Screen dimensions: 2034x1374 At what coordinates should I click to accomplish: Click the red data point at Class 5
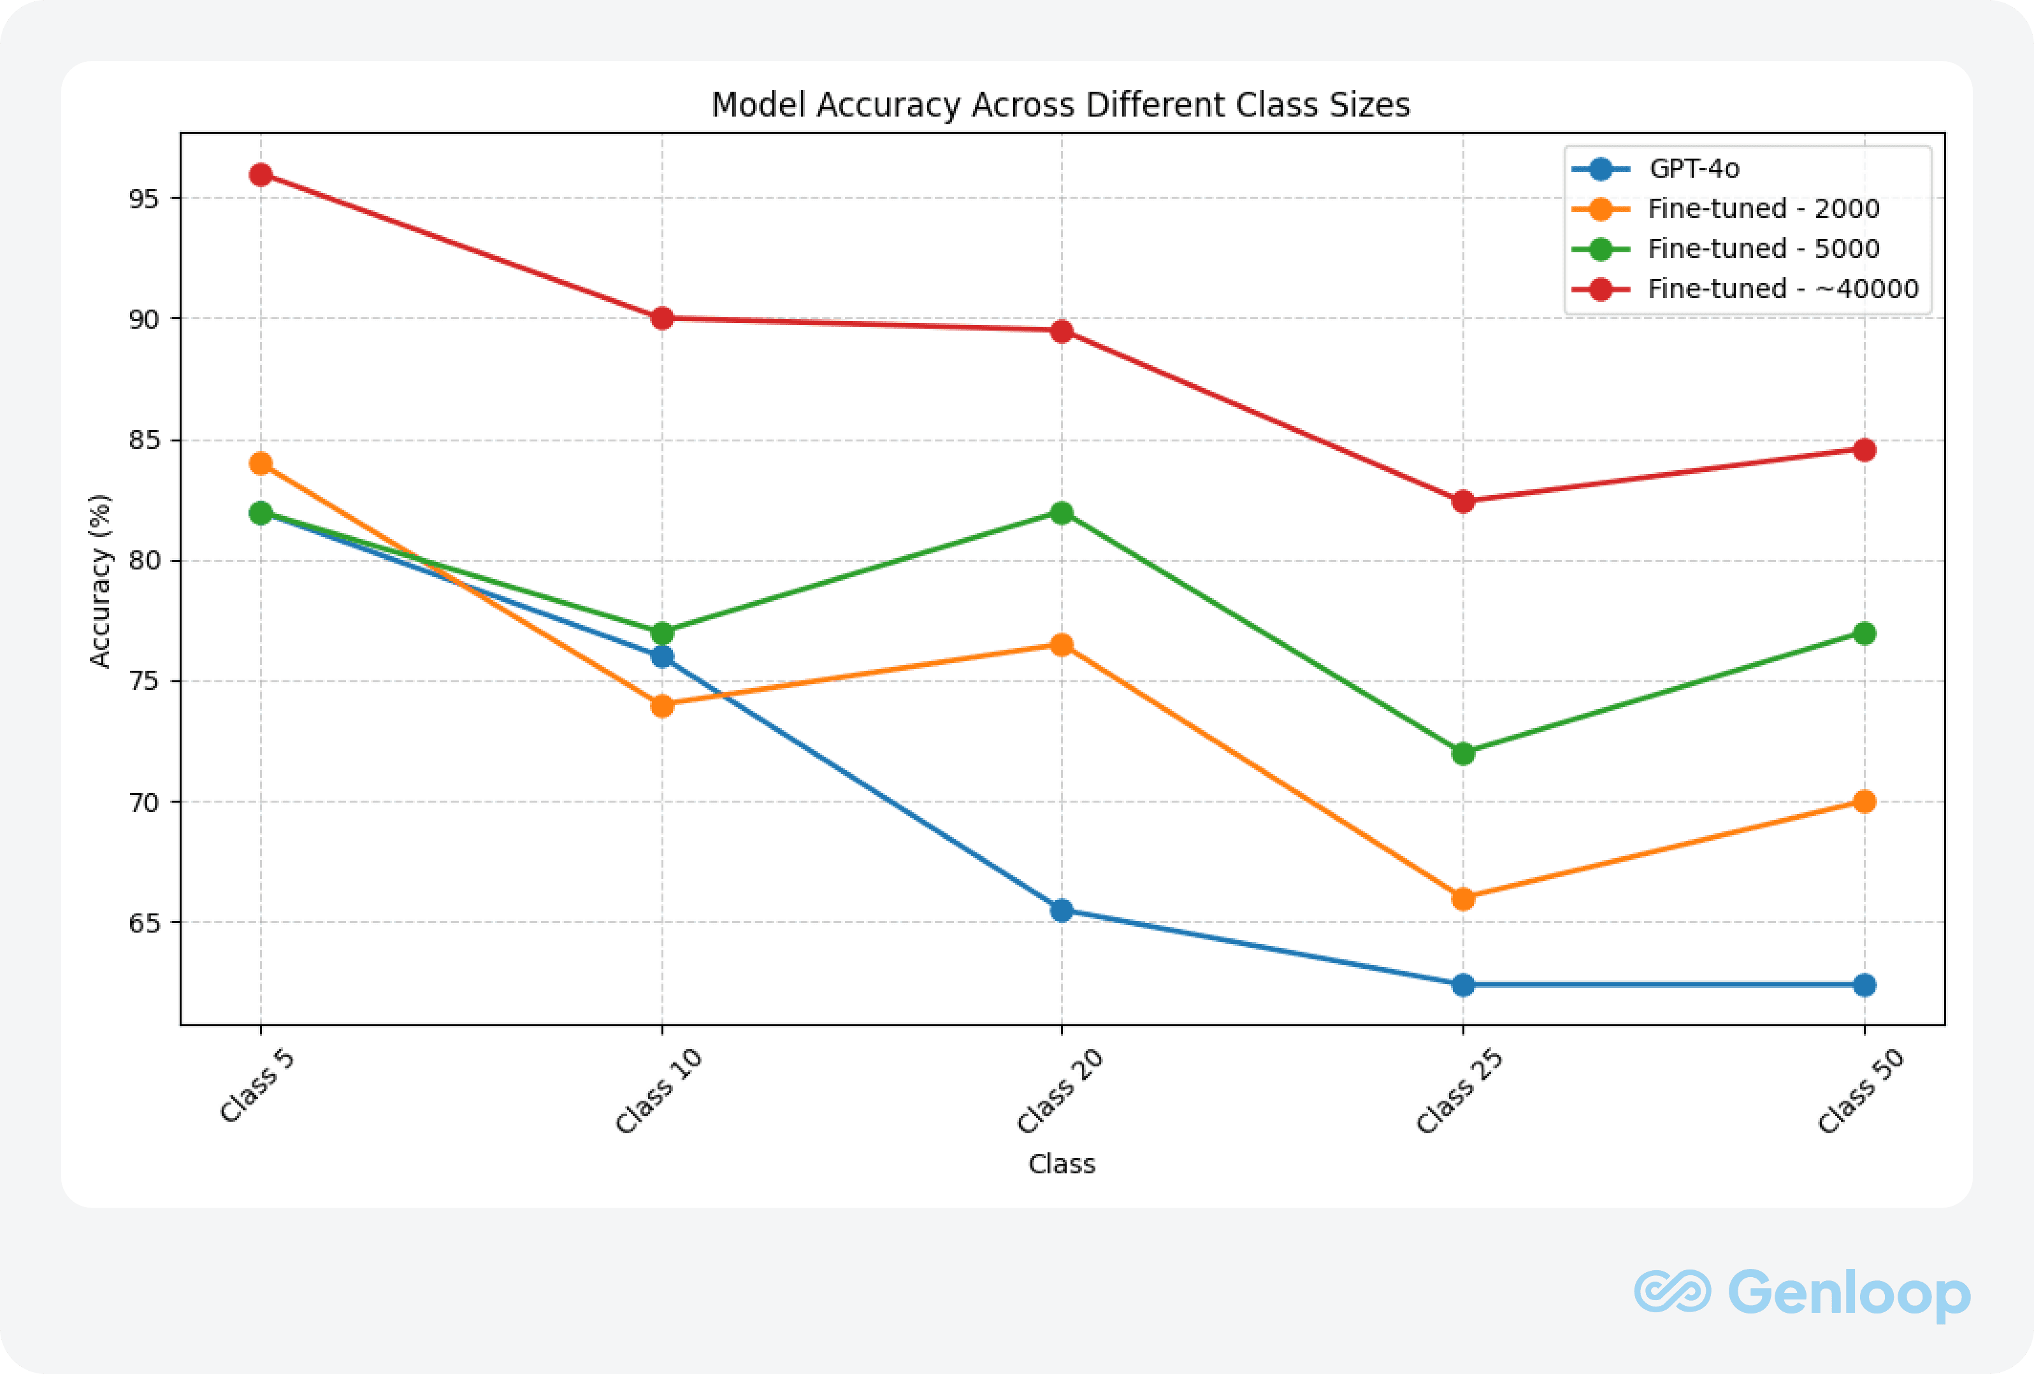261,175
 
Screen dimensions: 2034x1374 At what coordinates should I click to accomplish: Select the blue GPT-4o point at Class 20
1062,910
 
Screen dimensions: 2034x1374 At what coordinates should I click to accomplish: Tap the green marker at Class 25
1462,754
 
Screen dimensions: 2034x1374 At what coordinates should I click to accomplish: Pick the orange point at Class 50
1864,801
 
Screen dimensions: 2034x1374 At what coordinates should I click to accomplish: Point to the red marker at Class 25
1462,501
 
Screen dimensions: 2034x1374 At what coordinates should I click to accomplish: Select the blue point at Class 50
1864,985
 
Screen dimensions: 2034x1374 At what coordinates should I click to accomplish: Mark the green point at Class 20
1062,513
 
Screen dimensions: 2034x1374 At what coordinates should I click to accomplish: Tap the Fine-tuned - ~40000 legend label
1783,289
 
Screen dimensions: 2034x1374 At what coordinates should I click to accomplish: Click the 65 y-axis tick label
145,923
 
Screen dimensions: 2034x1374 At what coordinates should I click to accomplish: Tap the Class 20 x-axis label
1059,1091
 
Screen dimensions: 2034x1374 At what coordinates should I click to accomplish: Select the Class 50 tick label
1861,1091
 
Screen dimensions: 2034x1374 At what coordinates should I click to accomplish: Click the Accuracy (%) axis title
101,581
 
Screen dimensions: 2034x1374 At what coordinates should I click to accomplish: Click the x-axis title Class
1062,1164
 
